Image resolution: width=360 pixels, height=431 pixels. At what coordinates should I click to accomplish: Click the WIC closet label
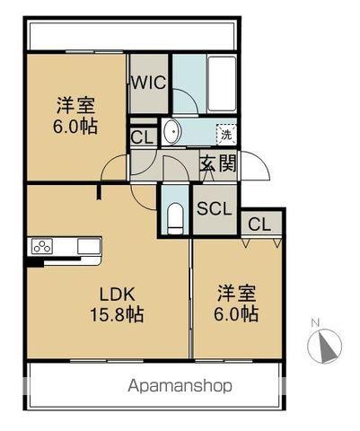tap(149, 83)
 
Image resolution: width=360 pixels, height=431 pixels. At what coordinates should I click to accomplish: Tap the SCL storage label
tap(215, 208)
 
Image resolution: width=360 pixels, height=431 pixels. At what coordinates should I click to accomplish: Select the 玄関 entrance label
tap(218, 163)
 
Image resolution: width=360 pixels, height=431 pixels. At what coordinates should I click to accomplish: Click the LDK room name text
tap(118, 295)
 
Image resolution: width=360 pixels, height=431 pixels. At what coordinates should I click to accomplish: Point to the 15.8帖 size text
tap(117, 314)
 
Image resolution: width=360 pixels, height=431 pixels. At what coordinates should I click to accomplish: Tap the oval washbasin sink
tap(172, 131)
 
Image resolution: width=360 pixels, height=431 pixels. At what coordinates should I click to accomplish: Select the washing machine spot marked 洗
tap(226, 135)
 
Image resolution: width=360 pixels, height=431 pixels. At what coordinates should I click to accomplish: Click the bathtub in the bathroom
tap(222, 84)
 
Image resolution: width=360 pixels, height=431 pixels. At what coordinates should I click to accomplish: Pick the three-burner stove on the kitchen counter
tap(42, 246)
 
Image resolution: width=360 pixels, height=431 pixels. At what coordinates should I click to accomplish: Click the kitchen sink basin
tap(89, 246)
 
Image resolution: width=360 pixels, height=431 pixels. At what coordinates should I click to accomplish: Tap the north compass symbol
tap(325, 347)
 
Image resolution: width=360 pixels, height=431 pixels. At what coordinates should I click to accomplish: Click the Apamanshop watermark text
tap(180, 386)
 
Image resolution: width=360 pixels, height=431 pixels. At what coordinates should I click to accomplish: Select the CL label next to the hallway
tap(142, 137)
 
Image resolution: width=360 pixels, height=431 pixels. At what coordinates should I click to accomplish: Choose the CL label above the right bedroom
tap(259, 224)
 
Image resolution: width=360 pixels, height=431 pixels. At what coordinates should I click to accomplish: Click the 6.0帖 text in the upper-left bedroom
tap(75, 127)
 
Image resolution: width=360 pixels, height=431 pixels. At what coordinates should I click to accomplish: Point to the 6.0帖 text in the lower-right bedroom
tap(236, 314)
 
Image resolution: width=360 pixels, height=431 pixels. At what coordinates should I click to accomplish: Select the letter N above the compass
tap(315, 323)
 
